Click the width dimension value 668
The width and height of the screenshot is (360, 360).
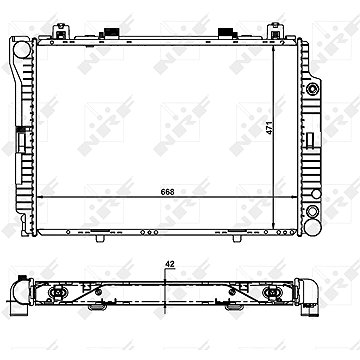click(169, 192)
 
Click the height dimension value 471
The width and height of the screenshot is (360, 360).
click(269, 128)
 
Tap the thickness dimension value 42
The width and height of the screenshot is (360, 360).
click(169, 264)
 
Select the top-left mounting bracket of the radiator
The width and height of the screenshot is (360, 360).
click(60, 30)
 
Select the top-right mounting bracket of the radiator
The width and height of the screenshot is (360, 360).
click(275, 30)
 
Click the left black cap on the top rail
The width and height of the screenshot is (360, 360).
click(112, 32)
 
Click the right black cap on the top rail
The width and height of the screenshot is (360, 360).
click(226, 32)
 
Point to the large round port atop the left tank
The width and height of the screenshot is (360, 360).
click(22, 49)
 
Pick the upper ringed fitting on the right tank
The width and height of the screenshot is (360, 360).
click(313, 89)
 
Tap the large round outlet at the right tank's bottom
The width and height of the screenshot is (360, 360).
click(313, 227)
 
